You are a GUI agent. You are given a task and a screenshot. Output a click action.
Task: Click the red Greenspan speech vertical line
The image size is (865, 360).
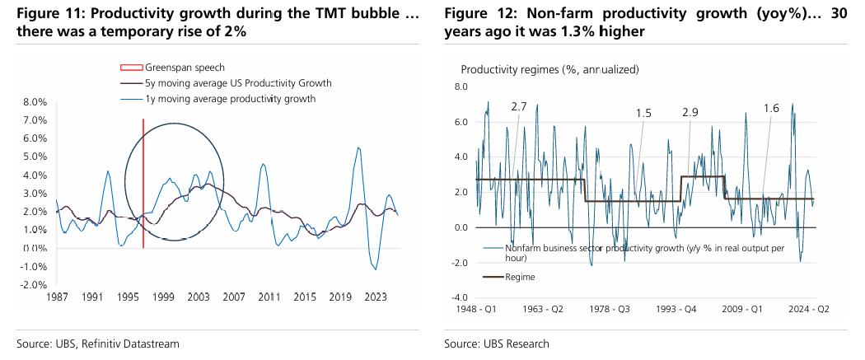pyautogui.click(x=143, y=181)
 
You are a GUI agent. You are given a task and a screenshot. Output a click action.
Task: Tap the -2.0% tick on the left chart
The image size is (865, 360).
pyautogui.click(x=35, y=284)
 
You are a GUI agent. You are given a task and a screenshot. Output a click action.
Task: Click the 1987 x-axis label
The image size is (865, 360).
pyautogui.click(x=56, y=297)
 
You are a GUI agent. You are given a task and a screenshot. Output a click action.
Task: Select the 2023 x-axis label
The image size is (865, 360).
pyautogui.click(x=375, y=297)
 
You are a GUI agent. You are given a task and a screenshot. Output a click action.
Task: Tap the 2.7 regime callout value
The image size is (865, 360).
pyautogui.click(x=519, y=107)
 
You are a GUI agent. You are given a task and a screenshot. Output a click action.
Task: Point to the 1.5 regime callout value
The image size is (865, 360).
pyautogui.click(x=643, y=113)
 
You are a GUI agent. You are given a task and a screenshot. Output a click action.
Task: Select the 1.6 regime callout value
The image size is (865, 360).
pyautogui.click(x=771, y=108)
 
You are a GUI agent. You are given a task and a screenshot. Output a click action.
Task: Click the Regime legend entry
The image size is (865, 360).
pyautogui.click(x=521, y=277)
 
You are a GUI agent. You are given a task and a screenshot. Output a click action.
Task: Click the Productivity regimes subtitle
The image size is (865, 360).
pyautogui.click(x=549, y=69)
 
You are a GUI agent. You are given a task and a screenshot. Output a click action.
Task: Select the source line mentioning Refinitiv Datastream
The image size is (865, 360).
pyautogui.click(x=98, y=343)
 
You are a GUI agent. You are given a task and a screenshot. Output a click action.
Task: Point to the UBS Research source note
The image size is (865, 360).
pyautogui.click(x=496, y=343)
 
